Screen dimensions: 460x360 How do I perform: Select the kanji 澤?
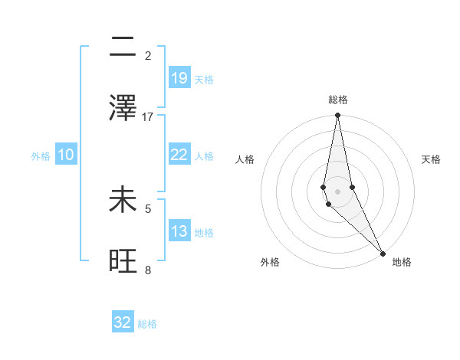pyautogui.click(x=123, y=108)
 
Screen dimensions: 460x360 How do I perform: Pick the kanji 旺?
pyautogui.click(x=123, y=261)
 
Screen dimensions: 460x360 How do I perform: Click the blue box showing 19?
pyautogui.click(x=179, y=77)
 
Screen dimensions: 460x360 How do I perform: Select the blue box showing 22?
pyautogui.click(x=179, y=155)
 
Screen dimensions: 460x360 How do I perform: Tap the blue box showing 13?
pyautogui.click(x=179, y=231)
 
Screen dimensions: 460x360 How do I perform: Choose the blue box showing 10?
pyautogui.click(x=66, y=155)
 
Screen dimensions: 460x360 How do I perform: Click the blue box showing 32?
pyautogui.click(x=123, y=322)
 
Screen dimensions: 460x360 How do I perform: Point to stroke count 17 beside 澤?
pyautogui.click(x=148, y=117)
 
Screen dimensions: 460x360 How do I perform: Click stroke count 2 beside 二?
pyautogui.click(x=148, y=56)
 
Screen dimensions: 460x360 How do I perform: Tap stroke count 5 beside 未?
pyautogui.click(x=148, y=208)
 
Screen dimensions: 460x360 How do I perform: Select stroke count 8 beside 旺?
pyautogui.click(x=148, y=270)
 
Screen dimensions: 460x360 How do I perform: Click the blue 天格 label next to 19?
pyautogui.click(x=204, y=79)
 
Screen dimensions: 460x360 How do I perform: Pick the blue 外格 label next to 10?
pyautogui.click(x=41, y=156)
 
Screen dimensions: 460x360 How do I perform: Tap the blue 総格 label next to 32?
pyautogui.click(x=147, y=324)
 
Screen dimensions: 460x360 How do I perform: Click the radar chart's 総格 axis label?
pyautogui.click(x=338, y=100)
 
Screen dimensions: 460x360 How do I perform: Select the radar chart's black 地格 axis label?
pyautogui.click(x=402, y=262)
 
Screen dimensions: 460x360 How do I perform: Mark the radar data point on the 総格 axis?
pyautogui.click(x=337, y=116)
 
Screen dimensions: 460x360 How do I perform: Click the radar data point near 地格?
pyautogui.click(x=383, y=252)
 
